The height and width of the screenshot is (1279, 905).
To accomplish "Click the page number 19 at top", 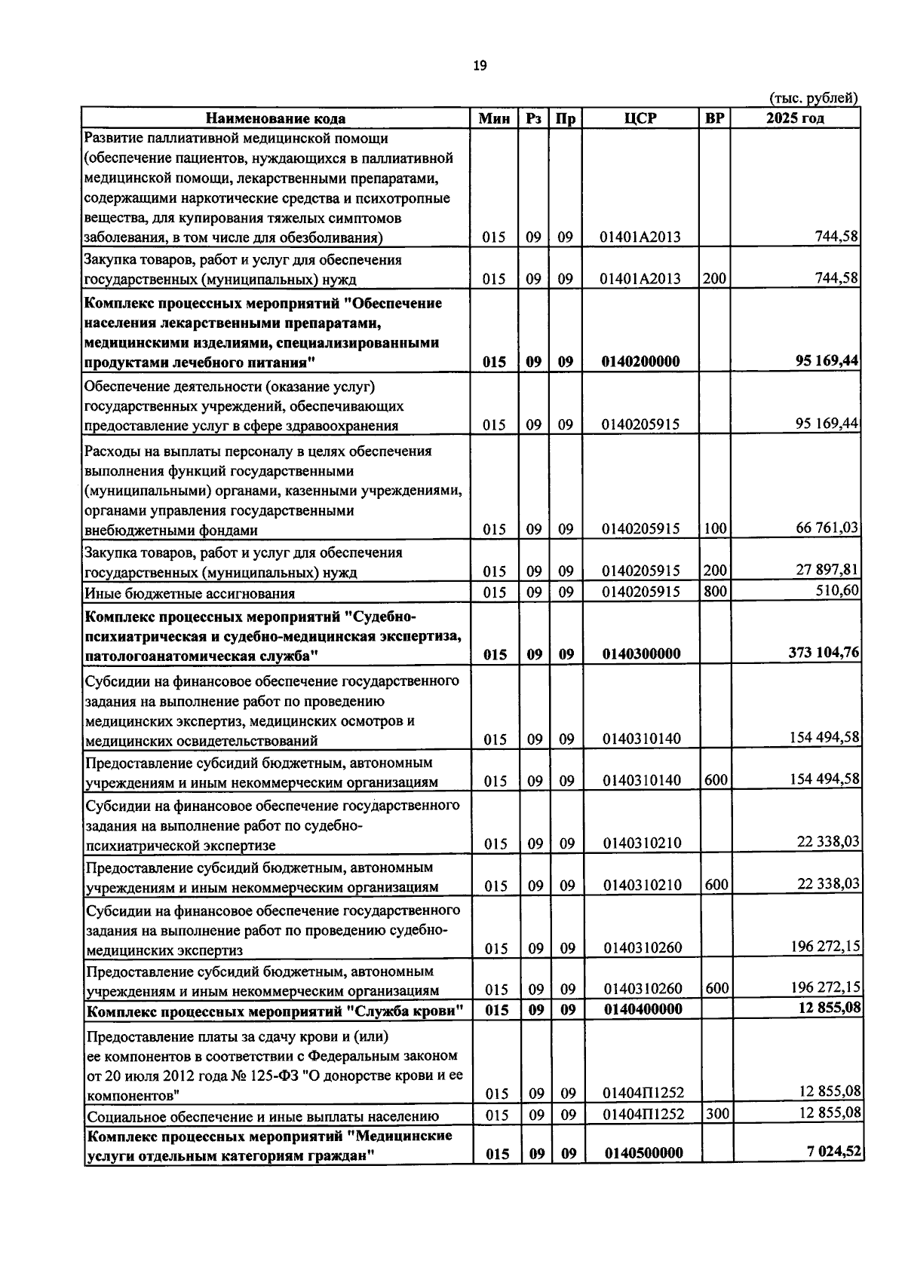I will (x=480, y=66).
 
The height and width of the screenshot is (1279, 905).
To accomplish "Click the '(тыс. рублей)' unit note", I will (x=813, y=99).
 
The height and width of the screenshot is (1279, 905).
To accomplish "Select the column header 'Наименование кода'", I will (x=276, y=118).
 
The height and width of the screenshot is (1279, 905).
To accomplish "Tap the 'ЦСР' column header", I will (x=640, y=118).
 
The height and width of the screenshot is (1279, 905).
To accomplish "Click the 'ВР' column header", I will (x=714, y=118).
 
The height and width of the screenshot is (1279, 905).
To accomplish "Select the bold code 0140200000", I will (x=640, y=362).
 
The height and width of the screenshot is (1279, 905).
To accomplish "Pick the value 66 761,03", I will (x=827, y=528).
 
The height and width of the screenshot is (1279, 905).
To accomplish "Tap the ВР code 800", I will (x=714, y=592).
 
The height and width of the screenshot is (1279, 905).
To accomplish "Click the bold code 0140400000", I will (x=642, y=1009).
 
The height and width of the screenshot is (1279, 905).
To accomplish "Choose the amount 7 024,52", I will (x=834, y=1151).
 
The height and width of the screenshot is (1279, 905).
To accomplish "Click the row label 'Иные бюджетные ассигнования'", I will (x=189, y=593).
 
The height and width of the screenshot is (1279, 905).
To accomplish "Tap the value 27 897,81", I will (x=827, y=570).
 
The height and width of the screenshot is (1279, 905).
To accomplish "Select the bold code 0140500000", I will (x=643, y=1153).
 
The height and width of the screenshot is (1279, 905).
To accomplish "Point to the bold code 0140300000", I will (x=641, y=654).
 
